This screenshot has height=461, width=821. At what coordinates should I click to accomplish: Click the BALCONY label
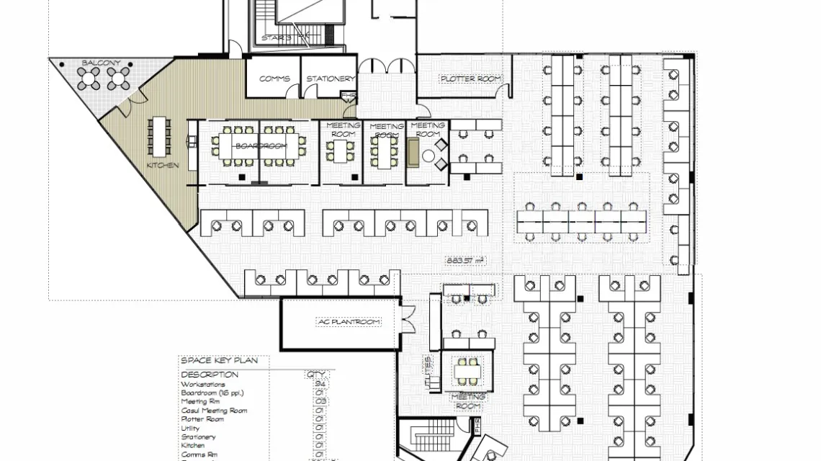click(x=101, y=63)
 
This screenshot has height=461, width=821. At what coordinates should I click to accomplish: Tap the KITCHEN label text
click(x=163, y=166)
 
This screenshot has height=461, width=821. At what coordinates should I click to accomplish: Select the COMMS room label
click(x=274, y=79)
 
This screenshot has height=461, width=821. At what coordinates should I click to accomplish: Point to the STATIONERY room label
click(x=330, y=79)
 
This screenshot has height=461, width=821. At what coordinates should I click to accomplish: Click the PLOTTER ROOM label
click(x=471, y=79)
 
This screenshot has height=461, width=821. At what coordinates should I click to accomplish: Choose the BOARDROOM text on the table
click(x=261, y=146)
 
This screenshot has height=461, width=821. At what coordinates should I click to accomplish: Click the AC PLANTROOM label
click(x=349, y=322)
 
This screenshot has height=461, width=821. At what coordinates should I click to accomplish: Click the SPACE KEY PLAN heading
click(x=214, y=360)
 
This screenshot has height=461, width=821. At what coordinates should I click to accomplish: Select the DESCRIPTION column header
click(x=210, y=375)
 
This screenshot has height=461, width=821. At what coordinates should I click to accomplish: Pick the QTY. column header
click(x=317, y=375)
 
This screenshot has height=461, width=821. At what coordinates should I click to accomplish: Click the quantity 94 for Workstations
click(x=319, y=385)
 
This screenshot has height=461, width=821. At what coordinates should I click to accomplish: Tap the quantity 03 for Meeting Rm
click(x=319, y=402)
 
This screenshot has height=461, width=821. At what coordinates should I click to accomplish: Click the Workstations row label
click(x=203, y=385)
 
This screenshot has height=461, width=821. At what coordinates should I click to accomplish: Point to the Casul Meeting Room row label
click(x=214, y=411)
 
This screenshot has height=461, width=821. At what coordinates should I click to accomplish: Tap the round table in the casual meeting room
click(x=429, y=156)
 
